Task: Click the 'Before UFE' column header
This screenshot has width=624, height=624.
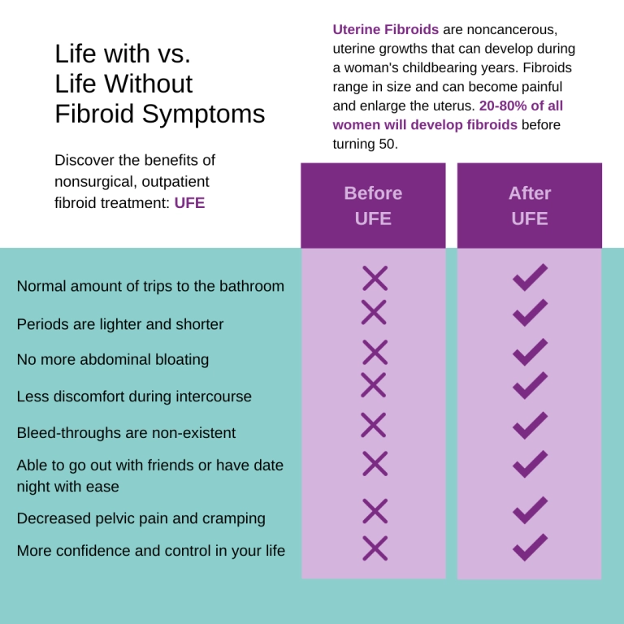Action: (x=373, y=206)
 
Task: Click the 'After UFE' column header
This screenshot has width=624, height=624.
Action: (x=529, y=206)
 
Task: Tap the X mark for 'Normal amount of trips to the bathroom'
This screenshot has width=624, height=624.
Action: (x=375, y=278)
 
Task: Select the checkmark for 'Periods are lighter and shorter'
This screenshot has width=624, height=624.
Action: (x=530, y=313)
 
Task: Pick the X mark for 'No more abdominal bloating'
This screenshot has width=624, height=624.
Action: (x=375, y=352)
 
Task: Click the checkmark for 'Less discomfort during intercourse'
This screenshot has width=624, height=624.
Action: (x=530, y=385)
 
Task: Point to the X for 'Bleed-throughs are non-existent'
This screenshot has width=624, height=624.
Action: (x=373, y=425)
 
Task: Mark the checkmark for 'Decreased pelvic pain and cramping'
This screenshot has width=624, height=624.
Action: (x=530, y=510)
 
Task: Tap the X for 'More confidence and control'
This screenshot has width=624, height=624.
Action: (x=375, y=548)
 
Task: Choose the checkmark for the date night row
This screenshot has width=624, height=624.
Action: (x=530, y=464)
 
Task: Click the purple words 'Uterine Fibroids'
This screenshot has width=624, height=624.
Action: (x=386, y=29)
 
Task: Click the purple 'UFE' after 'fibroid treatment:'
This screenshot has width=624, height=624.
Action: (x=189, y=203)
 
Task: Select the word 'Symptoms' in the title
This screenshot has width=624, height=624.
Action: (x=203, y=115)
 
